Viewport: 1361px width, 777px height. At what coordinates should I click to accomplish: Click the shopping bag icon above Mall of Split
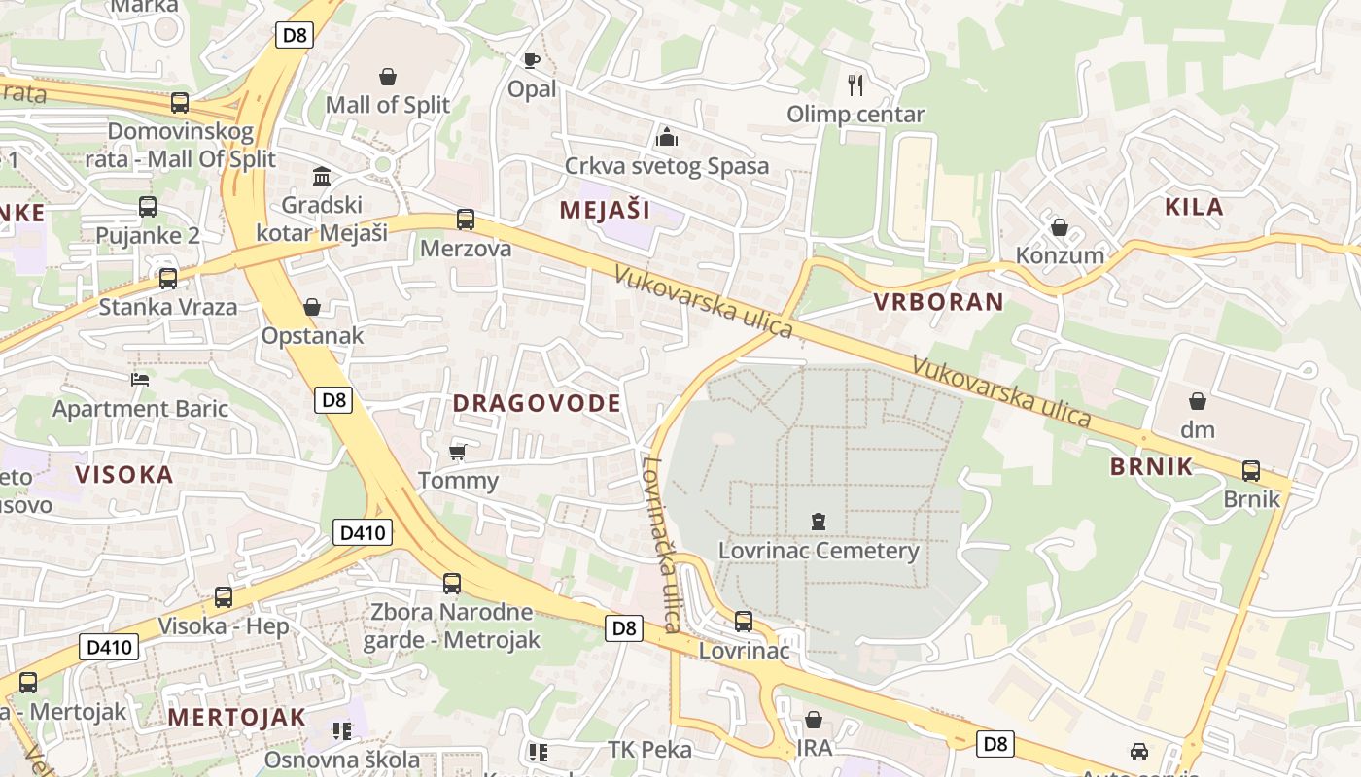pyautogui.click(x=388, y=77)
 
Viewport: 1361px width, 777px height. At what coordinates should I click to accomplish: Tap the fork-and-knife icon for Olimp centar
pyautogui.click(x=855, y=85)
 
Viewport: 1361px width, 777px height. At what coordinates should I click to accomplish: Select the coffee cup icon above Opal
pyautogui.click(x=531, y=61)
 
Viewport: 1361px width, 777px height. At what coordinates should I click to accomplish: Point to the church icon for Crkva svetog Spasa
pyautogui.click(x=667, y=136)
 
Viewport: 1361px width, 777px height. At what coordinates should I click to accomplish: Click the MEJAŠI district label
pyautogui.click(x=605, y=209)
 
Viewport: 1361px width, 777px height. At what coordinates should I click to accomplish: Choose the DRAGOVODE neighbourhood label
pyautogui.click(x=537, y=403)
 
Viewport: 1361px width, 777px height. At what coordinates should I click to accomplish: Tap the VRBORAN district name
pyautogui.click(x=938, y=301)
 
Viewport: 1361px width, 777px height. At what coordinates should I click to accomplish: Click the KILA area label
pyautogui.click(x=1194, y=206)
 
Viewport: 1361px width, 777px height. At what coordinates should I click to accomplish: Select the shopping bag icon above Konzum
pyautogui.click(x=1060, y=227)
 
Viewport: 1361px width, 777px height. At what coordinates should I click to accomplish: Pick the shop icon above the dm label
pyautogui.click(x=1198, y=401)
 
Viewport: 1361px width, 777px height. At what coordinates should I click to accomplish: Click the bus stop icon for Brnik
pyautogui.click(x=1251, y=471)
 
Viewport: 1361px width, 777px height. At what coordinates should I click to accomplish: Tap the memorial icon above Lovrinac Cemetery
pyautogui.click(x=819, y=523)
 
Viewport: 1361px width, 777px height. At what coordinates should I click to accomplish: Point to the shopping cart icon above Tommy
pyautogui.click(x=458, y=453)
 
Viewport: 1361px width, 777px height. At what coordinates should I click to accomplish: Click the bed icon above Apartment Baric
pyautogui.click(x=140, y=380)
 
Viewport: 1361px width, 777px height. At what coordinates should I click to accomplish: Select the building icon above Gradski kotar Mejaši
pyautogui.click(x=321, y=177)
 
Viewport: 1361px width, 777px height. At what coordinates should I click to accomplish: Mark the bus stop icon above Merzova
pyautogui.click(x=466, y=220)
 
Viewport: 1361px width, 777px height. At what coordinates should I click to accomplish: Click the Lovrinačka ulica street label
pyautogui.click(x=660, y=544)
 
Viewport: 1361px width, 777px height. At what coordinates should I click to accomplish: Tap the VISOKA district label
pyautogui.click(x=124, y=475)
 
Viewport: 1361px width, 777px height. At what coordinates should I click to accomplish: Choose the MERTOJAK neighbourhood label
pyautogui.click(x=236, y=718)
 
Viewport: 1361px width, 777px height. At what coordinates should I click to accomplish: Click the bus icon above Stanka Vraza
pyautogui.click(x=168, y=279)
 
